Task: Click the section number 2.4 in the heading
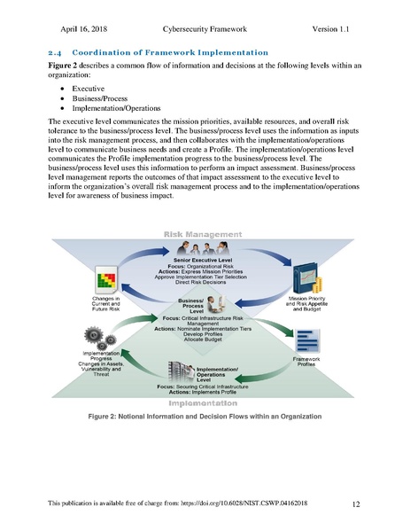click(54, 52)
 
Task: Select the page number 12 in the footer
click(355, 504)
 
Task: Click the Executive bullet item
click(88, 90)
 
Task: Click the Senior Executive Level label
click(205, 260)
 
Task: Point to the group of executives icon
click(205, 247)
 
